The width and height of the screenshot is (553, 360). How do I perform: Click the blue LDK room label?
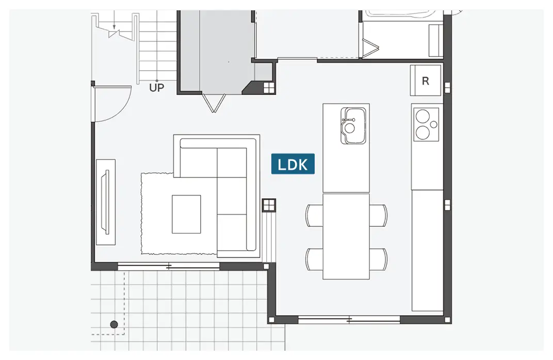point(292,164)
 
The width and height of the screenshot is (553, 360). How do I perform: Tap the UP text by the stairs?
point(157,88)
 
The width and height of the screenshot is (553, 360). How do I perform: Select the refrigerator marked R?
point(426,80)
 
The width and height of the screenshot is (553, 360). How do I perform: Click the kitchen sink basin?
point(353,126)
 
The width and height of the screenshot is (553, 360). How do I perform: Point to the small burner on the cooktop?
point(434,124)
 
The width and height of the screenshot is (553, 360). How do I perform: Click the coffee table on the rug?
point(186,214)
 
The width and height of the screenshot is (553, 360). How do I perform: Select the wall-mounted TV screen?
point(106,202)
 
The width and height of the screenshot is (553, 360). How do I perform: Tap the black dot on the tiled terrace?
point(114,324)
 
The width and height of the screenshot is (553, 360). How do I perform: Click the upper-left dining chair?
point(314,216)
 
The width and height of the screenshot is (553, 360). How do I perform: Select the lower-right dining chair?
point(378,259)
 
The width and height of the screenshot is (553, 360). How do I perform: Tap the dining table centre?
point(346,236)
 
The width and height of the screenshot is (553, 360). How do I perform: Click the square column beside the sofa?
point(269,205)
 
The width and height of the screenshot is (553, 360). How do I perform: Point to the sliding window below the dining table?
point(349,320)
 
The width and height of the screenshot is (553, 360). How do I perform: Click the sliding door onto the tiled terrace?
point(169,267)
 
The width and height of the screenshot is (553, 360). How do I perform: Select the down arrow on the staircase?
point(114,27)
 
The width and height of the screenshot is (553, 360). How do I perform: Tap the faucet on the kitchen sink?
point(348,120)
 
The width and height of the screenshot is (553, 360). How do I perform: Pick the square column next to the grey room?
point(269,88)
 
